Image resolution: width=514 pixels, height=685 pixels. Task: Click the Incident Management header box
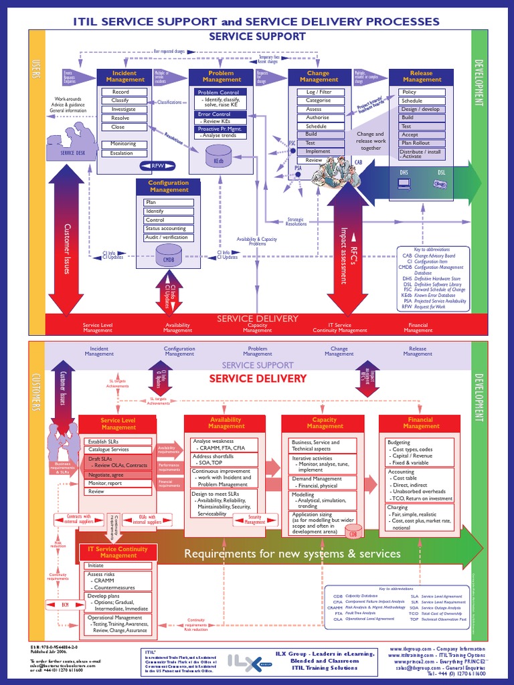point(124,76)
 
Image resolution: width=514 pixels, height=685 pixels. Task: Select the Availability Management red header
point(226,423)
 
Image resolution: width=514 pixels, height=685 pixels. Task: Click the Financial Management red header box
point(421,423)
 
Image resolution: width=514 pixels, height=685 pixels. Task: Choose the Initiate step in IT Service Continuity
point(117,565)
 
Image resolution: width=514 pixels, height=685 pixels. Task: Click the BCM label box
point(66,605)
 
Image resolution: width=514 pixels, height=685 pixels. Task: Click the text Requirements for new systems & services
point(292,554)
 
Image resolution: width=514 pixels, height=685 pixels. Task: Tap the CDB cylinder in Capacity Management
point(353,533)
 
